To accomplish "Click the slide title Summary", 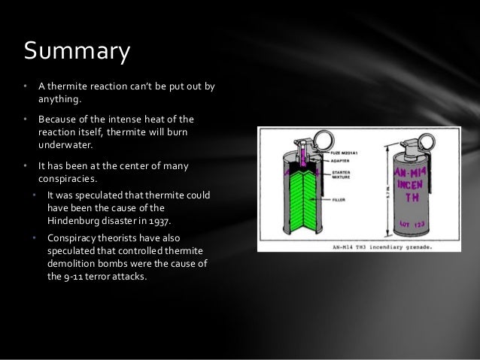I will [77, 51].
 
